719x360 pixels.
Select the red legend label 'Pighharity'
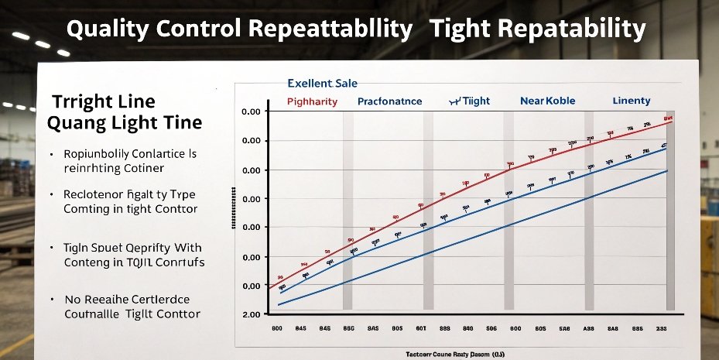click(x=312, y=101)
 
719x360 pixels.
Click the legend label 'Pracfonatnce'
click(x=390, y=101)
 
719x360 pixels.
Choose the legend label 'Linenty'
click(x=632, y=101)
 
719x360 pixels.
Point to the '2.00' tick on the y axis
click(x=251, y=315)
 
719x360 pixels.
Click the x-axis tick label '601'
click(x=421, y=328)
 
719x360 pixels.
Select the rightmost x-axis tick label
click(x=662, y=328)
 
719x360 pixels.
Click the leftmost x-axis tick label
click(x=278, y=328)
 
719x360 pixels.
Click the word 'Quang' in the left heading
click(x=75, y=123)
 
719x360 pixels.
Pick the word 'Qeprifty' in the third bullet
click(x=153, y=249)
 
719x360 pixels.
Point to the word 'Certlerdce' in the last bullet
click(x=156, y=300)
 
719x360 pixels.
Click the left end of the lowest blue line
click(x=279, y=304)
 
